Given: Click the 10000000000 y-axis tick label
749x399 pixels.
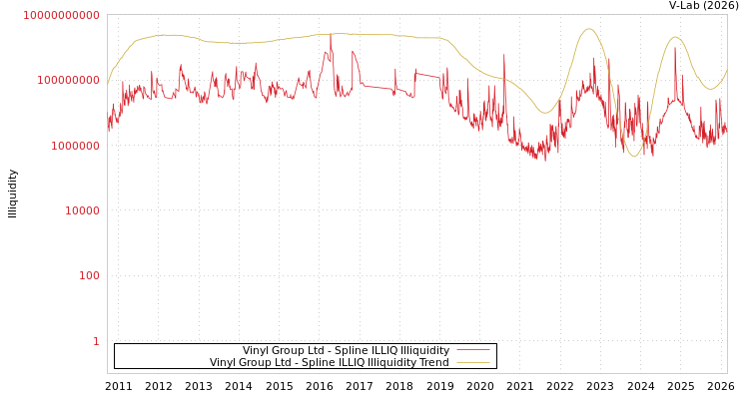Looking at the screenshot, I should [61, 15].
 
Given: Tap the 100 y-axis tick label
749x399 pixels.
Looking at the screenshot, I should [89, 275].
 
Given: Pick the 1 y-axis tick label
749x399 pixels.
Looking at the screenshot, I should [96, 341].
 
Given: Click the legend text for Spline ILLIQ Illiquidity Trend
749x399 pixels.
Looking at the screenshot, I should [330, 362].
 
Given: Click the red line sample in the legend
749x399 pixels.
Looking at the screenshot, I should [473, 350].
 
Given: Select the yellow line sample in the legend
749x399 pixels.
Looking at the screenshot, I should [473, 362].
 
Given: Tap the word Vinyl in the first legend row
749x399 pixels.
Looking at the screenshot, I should [256, 350].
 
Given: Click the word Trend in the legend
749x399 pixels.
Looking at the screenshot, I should [433, 362].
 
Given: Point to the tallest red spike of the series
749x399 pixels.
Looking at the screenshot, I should [331, 36].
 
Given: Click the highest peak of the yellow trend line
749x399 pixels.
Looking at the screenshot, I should [588, 29].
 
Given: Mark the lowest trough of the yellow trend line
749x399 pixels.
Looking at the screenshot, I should [634, 156].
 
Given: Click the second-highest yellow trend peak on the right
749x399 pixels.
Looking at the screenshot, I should [676, 37].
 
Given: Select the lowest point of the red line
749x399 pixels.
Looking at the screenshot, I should [544, 160].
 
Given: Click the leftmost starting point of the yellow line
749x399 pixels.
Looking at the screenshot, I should [108, 84].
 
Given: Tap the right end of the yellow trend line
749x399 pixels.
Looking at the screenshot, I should [727, 70].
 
